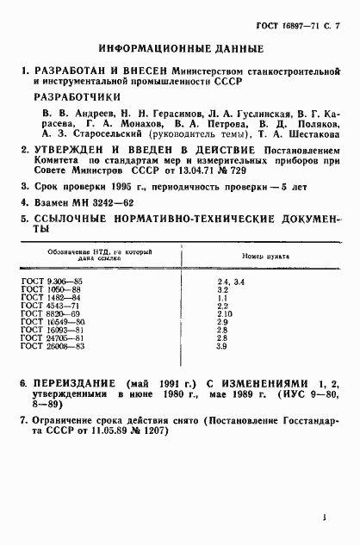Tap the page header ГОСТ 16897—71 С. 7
coord(298,15)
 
